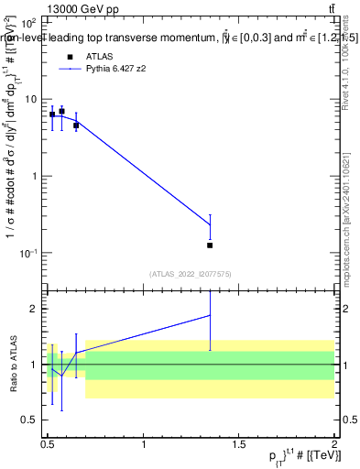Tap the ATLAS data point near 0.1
click(210, 245)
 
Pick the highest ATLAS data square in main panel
click(61, 111)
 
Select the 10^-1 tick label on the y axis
click(29, 252)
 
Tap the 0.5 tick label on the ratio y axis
click(31, 420)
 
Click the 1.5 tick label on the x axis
click(239, 444)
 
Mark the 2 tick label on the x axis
click(334, 444)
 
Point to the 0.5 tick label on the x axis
click(48, 444)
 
